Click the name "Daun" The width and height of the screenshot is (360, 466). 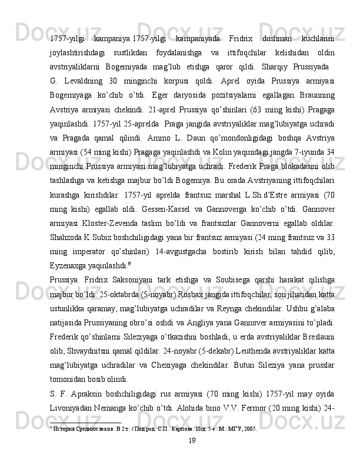177,137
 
